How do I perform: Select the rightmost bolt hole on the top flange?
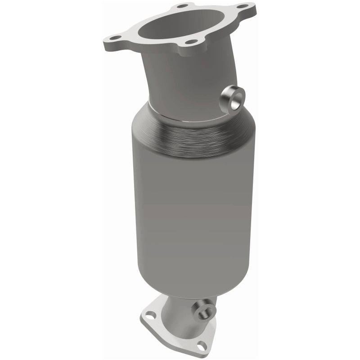coord(245,7)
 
